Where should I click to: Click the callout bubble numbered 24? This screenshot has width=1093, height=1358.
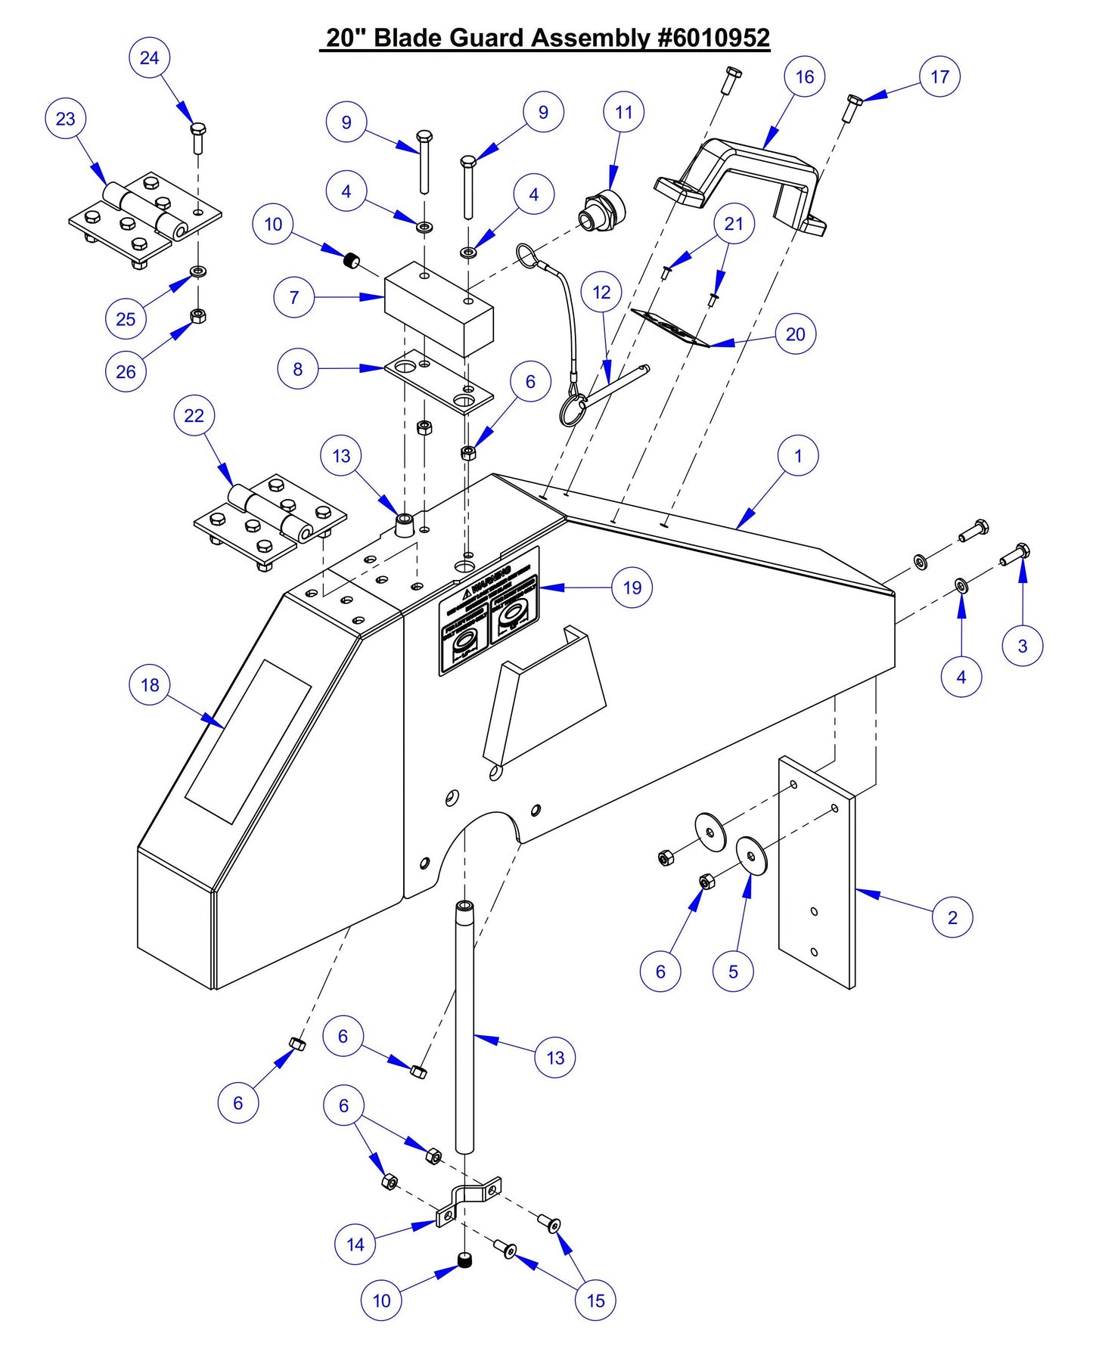tap(149, 57)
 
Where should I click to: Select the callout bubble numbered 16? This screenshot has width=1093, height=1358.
tap(804, 76)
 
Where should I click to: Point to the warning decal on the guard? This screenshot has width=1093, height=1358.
tap(490, 610)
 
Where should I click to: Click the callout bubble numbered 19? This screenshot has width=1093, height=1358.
tap(632, 588)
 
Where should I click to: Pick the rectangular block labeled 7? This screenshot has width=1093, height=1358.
tap(439, 308)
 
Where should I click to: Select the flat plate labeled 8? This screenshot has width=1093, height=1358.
tap(439, 383)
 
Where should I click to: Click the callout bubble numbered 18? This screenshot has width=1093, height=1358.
tap(150, 685)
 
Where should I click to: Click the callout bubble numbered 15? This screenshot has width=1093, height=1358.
tap(595, 1301)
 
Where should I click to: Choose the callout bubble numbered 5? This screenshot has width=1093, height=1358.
tap(732, 972)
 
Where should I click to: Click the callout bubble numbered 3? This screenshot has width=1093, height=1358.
tap(1022, 646)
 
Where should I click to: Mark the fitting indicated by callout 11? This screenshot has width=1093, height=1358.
tap(603, 209)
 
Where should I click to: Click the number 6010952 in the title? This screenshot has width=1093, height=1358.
tap(714, 38)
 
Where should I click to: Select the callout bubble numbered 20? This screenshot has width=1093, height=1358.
tap(795, 334)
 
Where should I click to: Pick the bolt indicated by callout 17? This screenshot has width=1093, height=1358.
tap(852, 108)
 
